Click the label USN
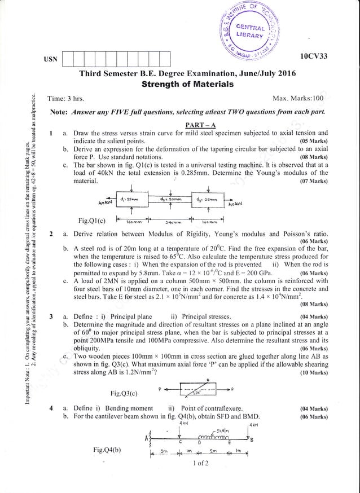[50, 59]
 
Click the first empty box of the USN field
[67, 59]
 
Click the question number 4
[51, 408]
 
